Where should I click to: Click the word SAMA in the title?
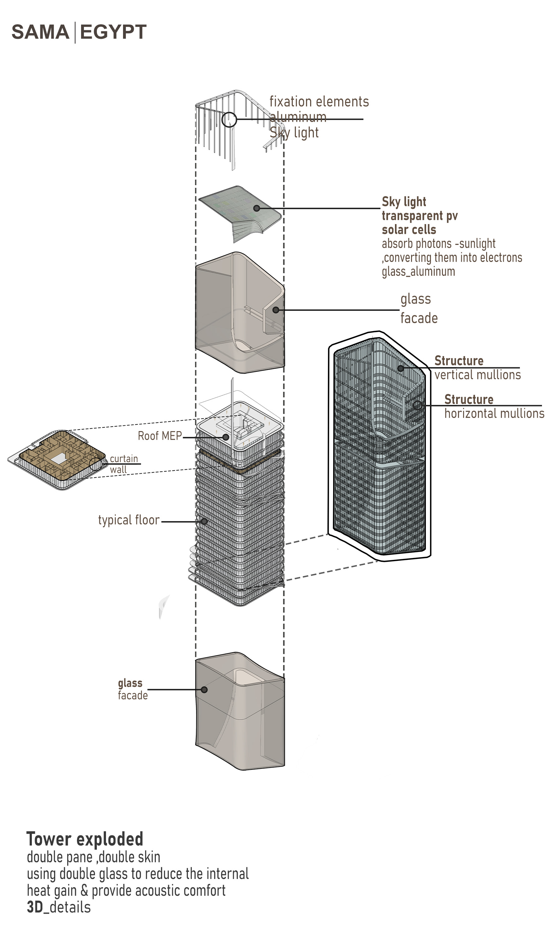(x=40, y=32)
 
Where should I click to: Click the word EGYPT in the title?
(x=113, y=32)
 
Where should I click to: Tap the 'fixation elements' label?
(x=319, y=102)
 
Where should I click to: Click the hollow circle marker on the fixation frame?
(x=229, y=120)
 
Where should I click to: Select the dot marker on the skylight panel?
(x=256, y=208)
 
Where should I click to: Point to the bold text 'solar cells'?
(x=409, y=229)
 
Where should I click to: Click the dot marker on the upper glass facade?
(x=276, y=310)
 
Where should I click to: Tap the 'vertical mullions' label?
(x=477, y=375)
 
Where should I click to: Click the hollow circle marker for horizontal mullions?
(x=417, y=406)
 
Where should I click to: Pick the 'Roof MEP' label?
(x=160, y=436)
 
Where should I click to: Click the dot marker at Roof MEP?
(x=225, y=437)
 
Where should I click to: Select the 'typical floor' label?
(x=129, y=520)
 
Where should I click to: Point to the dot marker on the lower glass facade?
(x=204, y=690)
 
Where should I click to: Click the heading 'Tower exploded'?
(x=85, y=839)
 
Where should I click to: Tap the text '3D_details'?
(x=59, y=907)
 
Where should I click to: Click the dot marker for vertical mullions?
(x=401, y=368)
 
